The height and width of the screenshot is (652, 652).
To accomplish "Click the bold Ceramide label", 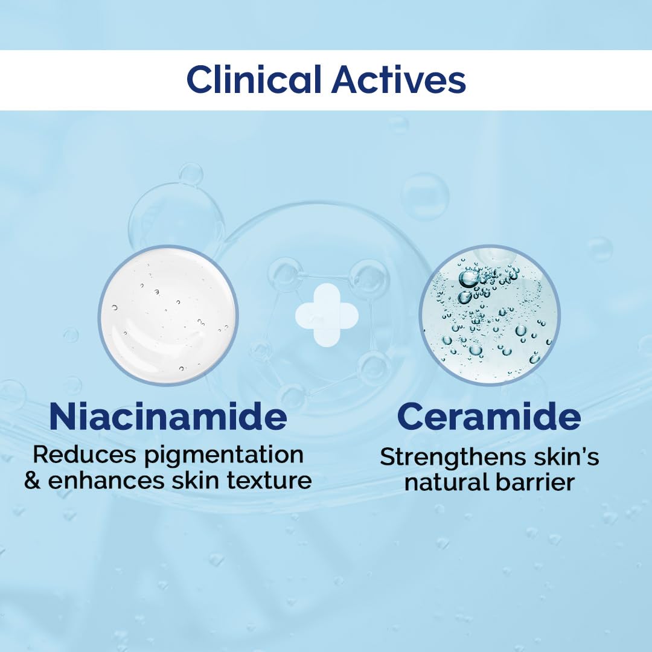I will point(489,417).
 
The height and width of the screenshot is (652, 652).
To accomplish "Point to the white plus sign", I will point(327,315).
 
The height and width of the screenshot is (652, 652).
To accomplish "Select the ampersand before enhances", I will point(33,481).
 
